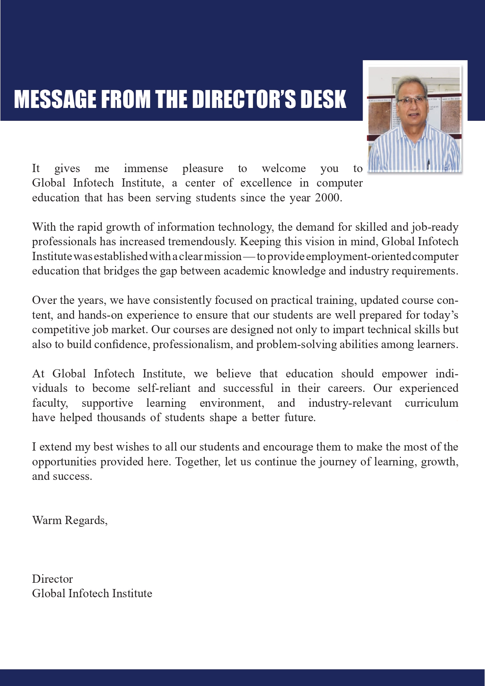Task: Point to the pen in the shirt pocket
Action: click(x=428, y=163)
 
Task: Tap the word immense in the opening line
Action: click(x=146, y=169)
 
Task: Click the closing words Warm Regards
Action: click(x=69, y=520)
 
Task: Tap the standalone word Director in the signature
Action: click(x=52, y=579)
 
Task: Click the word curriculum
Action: click(x=431, y=403)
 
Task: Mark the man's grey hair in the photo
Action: click(x=410, y=82)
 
